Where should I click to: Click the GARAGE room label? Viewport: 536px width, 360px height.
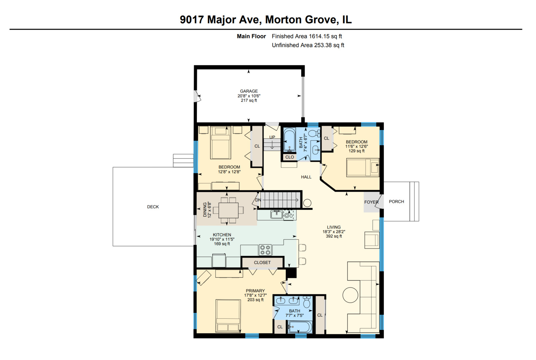[x=249, y=91]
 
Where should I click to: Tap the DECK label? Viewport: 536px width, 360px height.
[x=153, y=207]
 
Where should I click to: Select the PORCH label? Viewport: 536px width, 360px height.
[x=396, y=202]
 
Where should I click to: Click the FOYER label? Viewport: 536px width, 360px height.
[x=371, y=202]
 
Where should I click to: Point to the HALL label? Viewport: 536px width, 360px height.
[x=306, y=177]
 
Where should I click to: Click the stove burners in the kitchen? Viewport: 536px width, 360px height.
[x=265, y=250]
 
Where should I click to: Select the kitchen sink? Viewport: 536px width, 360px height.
[x=276, y=215]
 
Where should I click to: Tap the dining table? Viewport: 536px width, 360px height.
[x=229, y=210]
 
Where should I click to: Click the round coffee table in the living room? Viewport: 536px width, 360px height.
[x=350, y=295]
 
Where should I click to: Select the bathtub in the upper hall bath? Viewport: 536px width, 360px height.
[x=289, y=140]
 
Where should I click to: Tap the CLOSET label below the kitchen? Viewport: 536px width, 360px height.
[x=262, y=263]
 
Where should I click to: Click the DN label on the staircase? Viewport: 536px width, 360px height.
[x=258, y=200]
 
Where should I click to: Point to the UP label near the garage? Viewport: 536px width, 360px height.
[x=272, y=137]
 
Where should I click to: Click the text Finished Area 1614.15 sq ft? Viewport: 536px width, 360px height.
[x=307, y=36]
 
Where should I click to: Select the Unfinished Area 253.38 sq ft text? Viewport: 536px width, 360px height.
[x=308, y=45]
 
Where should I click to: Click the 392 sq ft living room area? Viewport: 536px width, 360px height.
[x=334, y=236]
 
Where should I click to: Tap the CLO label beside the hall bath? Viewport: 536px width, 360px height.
[x=289, y=157]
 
